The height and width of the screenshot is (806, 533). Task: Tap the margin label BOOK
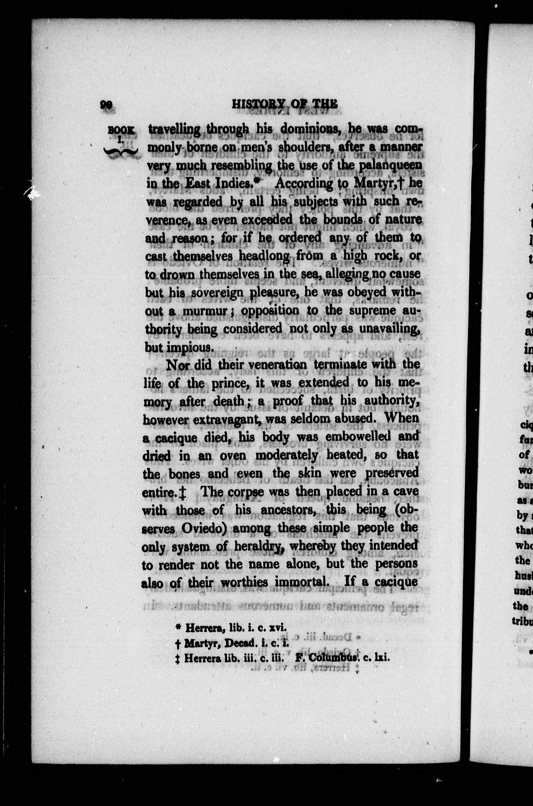coord(121,130)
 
